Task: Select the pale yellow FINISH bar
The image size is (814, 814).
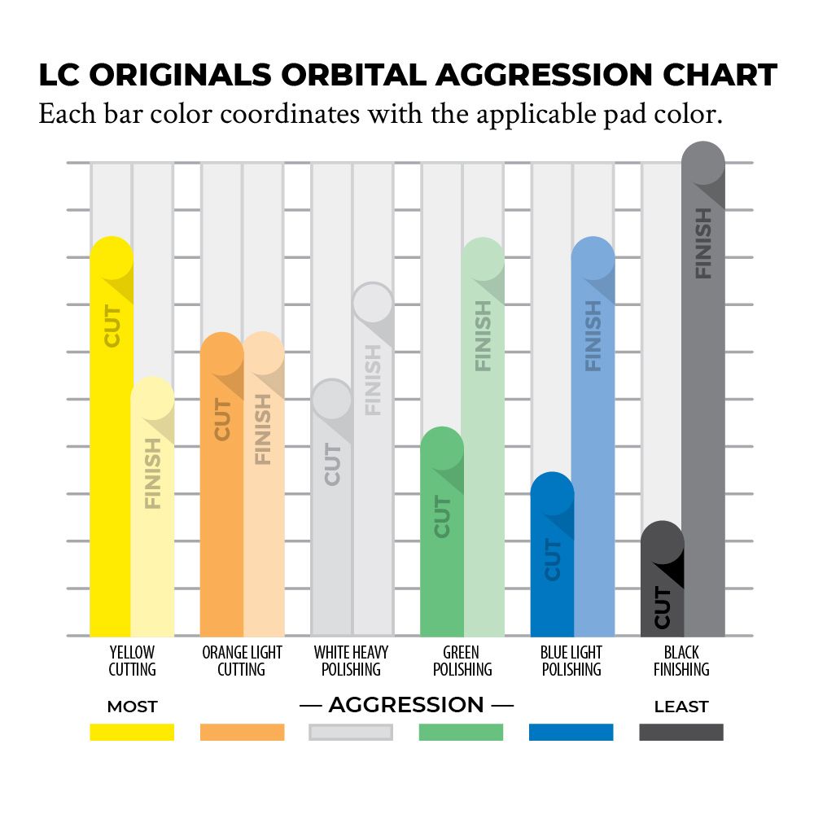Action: pos(153,521)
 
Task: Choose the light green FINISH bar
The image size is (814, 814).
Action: pos(484,448)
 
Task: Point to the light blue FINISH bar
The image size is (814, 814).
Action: pos(593,448)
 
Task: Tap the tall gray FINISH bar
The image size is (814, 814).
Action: pos(703,407)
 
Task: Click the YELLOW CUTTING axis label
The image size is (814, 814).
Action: pos(132,661)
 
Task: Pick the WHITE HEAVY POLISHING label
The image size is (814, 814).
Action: pos(351,661)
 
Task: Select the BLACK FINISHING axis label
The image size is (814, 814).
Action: pos(681,661)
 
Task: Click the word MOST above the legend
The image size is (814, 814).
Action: pos(132,707)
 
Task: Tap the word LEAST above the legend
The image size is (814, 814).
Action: pos(681,707)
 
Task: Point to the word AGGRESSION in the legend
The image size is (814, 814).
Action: pos(406,705)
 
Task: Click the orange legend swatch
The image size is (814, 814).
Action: pos(242,732)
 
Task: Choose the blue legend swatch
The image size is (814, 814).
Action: pos(571,732)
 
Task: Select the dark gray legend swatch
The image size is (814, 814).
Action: pos(681,732)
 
